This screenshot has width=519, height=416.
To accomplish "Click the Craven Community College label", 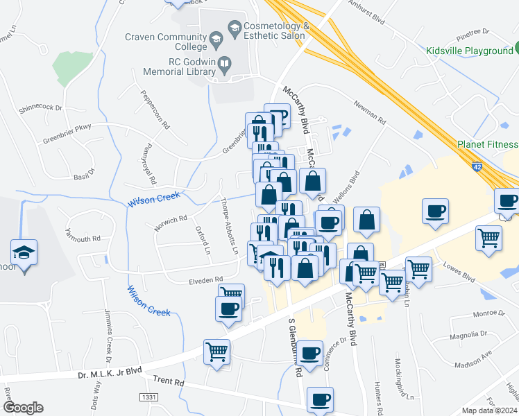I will [x=166, y=42].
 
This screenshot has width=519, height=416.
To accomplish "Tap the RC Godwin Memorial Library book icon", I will [x=224, y=66].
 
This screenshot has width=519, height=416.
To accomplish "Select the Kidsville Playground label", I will [x=469, y=51].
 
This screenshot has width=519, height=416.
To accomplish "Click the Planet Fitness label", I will [x=487, y=144].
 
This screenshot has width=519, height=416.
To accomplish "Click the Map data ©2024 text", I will [x=490, y=410].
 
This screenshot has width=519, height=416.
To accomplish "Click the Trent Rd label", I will [x=168, y=381].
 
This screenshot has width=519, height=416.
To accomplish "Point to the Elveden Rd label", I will [x=205, y=280].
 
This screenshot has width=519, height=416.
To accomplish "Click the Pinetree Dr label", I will [x=473, y=32].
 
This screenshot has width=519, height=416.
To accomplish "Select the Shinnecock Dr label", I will [x=40, y=107].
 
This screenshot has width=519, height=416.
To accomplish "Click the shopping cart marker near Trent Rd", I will [x=217, y=352].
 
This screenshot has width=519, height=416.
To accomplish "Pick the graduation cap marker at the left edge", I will [x=24, y=252].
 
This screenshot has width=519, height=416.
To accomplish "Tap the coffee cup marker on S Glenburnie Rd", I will [x=311, y=354].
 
